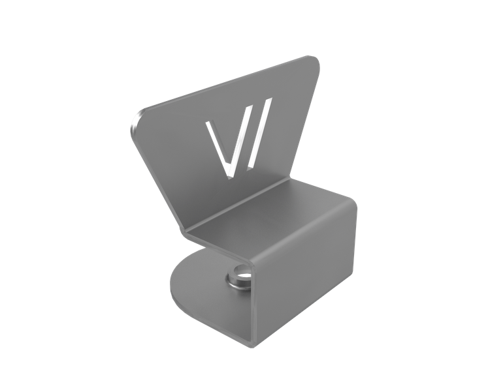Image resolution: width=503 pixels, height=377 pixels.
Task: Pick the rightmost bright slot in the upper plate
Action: coord(257,134)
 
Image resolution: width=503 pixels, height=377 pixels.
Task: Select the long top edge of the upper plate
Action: coord(222,85)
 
